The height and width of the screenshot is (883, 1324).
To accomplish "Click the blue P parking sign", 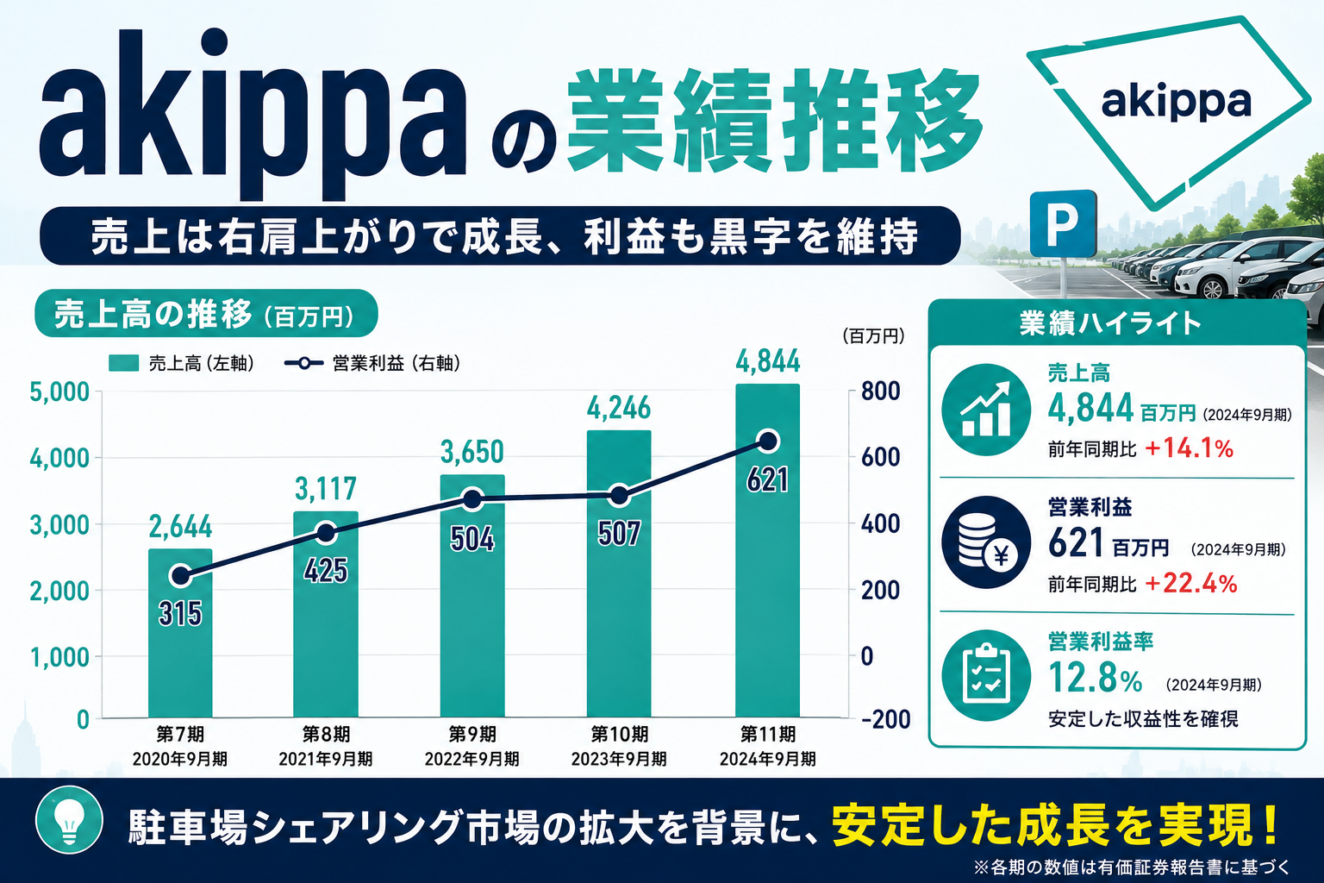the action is (1063, 223).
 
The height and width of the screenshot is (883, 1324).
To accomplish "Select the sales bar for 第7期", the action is (180, 633).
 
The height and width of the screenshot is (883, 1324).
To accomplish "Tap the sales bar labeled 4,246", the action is (619, 573).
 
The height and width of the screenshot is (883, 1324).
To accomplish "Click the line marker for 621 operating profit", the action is (768, 441).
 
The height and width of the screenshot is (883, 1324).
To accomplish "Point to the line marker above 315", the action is (180, 575).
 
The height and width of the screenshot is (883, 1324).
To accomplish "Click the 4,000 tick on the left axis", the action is (59, 459).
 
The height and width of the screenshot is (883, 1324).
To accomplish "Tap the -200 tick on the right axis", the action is (885, 719).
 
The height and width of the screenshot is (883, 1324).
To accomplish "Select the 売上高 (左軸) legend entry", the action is (182, 363).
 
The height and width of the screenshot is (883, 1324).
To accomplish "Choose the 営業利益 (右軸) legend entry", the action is (372, 363).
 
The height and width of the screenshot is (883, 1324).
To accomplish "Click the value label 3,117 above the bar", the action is (326, 489).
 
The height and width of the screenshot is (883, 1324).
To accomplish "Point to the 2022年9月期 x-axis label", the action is (472, 759).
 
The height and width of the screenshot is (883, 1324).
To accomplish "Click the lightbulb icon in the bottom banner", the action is (69, 820).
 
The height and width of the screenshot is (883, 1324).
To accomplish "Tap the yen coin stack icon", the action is (985, 542).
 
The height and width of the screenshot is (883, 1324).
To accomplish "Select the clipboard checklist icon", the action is (985, 676).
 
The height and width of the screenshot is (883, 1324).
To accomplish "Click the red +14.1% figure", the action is (1190, 449).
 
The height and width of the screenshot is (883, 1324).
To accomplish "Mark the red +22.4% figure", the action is (1191, 584).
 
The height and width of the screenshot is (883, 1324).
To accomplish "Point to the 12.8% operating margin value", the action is (1096, 678).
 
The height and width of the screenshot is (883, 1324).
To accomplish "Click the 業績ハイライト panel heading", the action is (1110, 323).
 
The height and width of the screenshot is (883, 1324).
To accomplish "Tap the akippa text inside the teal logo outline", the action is (1177, 103).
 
